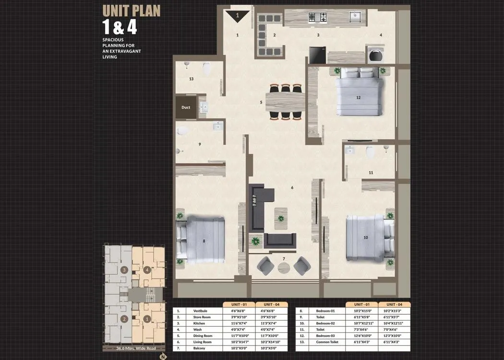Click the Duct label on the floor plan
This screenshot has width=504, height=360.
(186, 108)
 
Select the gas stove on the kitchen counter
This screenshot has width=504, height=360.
(317, 18)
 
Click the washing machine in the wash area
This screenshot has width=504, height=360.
(374, 54)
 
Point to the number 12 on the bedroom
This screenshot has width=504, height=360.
(358, 97)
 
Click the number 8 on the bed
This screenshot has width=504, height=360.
(204, 241)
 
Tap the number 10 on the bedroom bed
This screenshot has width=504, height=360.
(366, 238)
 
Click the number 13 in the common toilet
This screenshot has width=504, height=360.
(191, 79)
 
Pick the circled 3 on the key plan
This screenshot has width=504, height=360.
(124, 270)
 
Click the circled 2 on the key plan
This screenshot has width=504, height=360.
(124, 319)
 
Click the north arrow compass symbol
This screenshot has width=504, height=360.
(163, 356)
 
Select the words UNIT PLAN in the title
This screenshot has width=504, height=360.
(132, 11)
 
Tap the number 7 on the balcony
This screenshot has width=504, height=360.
(284, 259)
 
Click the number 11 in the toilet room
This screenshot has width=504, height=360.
(371, 172)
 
